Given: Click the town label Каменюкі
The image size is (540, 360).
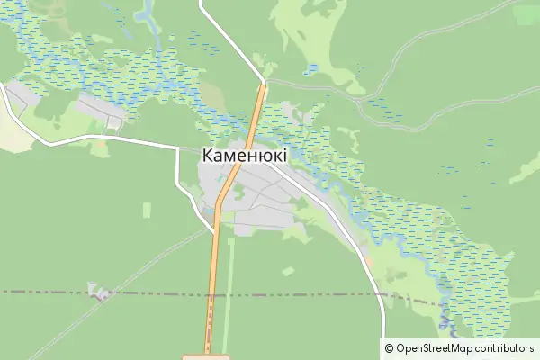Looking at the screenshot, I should click(x=245, y=156).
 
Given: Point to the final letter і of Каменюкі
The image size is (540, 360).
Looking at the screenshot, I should click(x=284, y=156).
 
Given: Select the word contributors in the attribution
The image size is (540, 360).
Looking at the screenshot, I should click(x=505, y=348).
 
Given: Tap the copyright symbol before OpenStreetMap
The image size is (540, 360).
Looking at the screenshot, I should click(x=389, y=348).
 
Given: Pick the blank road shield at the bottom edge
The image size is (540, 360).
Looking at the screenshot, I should click(x=206, y=356).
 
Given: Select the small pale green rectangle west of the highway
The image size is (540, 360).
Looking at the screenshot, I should click(x=147, y=210).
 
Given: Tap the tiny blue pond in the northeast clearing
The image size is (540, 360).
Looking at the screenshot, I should click(x=312, y=68).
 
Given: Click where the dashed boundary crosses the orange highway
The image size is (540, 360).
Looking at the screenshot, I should click(x=211, y=293).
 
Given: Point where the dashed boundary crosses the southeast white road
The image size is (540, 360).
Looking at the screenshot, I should click(x=383, y=296).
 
